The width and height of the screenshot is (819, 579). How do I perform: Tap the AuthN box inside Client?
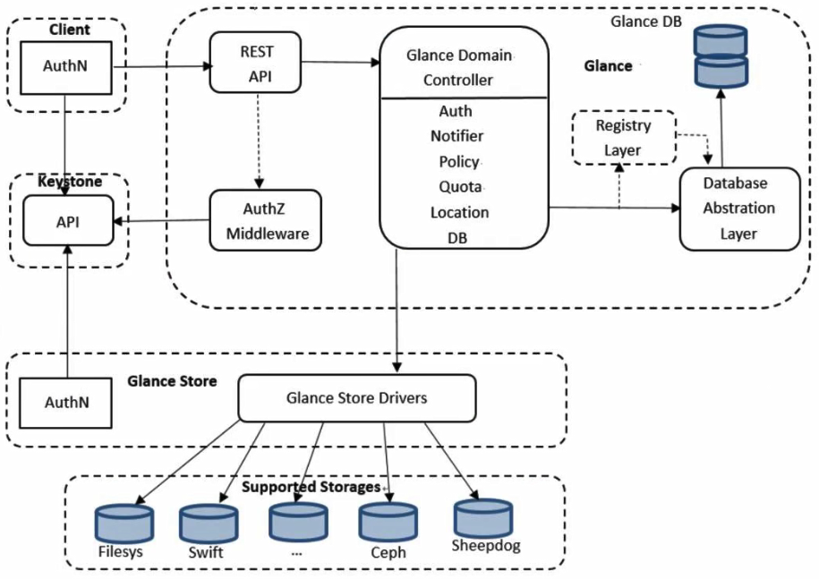coord(64,66)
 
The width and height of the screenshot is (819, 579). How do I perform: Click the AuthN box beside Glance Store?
coord(68,403)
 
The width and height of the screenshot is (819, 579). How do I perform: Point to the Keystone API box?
coord(67,220)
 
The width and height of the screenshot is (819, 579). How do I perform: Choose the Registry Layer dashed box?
coord(623,138)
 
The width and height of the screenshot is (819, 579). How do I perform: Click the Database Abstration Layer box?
coord(738,208)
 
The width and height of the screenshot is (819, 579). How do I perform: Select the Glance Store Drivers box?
coord(356,397)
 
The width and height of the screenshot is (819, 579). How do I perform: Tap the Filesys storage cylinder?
coord(124,524)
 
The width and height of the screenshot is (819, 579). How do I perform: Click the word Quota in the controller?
coord(462,188)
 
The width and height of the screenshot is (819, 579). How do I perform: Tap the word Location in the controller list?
coord(459,213)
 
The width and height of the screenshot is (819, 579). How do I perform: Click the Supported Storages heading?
coord(311,488)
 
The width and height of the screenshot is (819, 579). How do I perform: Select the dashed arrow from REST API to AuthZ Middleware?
coord(260,139)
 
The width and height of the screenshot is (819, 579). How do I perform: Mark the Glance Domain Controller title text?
coord(459,67)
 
